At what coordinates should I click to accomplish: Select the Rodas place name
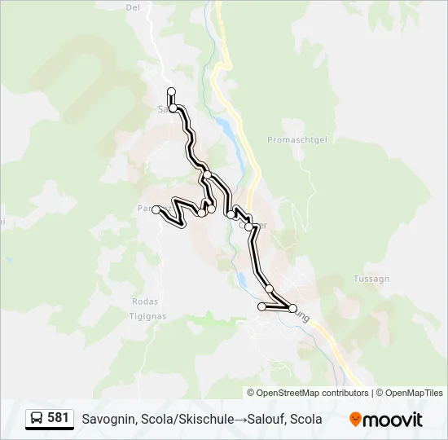click(145, 301)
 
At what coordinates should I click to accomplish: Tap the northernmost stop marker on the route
click(171, 91)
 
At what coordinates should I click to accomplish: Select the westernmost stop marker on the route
click(156, 209)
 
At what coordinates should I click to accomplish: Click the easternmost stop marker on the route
click(292, 308)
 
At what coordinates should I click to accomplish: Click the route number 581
click(58, 418)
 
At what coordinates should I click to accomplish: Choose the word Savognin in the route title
click(108, 420)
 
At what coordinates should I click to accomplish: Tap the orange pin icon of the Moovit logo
click(356, 420)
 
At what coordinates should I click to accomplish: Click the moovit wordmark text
click(393, 420)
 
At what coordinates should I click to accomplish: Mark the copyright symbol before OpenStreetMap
click(251, 393)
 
